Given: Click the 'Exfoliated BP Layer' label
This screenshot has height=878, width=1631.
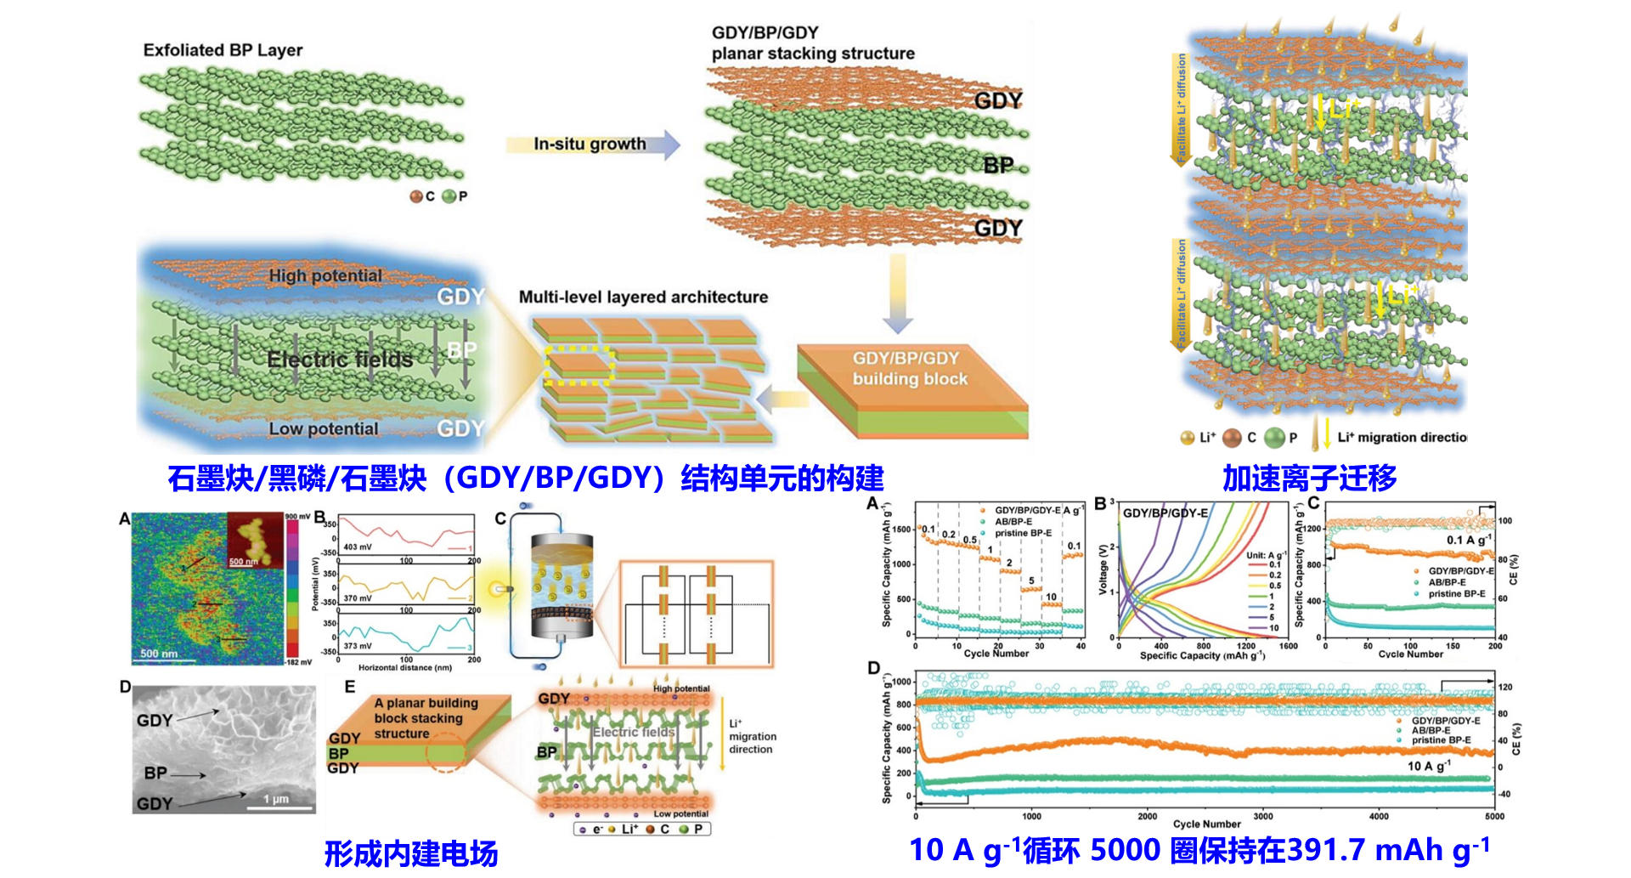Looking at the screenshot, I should coord(223,50).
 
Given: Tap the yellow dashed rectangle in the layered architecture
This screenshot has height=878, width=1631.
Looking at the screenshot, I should coord(579,365).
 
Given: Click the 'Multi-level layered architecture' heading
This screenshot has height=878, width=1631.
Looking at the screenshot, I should coord(643,297).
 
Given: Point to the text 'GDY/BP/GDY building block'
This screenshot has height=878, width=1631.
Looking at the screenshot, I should coord(909,369).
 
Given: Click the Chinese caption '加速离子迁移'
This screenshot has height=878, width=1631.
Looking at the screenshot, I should coord(1309,479).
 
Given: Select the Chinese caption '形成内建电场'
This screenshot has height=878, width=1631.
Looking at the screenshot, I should coord(411,853).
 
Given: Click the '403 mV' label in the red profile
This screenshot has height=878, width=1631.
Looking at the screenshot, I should coord(357,547).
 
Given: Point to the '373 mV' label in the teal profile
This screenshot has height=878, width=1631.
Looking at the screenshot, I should coord(357,646).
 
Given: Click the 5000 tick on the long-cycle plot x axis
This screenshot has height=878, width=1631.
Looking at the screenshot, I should coord(1494,816).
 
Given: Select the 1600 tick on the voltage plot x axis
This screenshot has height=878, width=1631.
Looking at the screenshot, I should coord(1288,646).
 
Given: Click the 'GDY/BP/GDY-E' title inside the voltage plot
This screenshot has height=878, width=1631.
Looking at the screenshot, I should coord(1165,513).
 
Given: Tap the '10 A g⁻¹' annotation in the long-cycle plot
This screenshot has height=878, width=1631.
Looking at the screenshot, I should coord(1429,766).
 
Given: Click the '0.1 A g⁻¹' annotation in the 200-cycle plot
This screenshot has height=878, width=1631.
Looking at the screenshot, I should coord(1469,540).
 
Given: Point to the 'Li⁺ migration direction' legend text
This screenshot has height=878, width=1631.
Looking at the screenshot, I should coord(1402,437).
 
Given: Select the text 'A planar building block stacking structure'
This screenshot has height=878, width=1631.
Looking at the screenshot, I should coord(426,718).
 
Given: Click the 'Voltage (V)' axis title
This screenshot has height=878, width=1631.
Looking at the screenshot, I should coord(1103,569).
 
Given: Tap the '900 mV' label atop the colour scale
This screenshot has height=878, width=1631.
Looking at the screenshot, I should coord(297,516).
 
